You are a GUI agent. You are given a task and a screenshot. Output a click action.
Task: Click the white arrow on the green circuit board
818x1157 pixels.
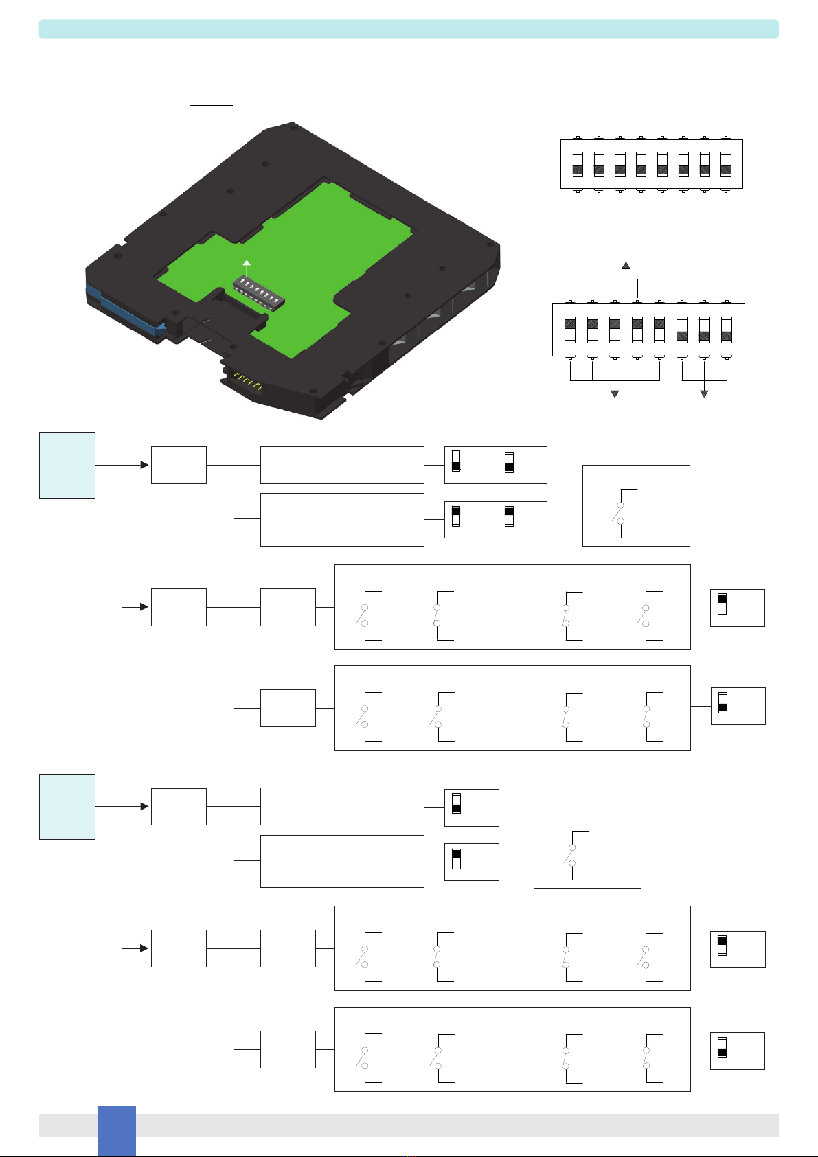(247, 268)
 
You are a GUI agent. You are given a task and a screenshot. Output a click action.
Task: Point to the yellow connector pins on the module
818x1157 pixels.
(247, 382)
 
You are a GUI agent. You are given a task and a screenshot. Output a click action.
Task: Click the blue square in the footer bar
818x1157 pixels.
(116, 1130)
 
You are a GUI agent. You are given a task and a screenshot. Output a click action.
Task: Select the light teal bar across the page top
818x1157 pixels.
(409, 29)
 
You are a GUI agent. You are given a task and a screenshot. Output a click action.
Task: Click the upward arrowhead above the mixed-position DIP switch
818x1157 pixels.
(626, 266)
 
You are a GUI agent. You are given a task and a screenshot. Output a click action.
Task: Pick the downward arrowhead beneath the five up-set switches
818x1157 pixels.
(615, 393)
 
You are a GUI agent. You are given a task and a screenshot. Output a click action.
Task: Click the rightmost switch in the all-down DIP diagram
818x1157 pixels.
(726, 164)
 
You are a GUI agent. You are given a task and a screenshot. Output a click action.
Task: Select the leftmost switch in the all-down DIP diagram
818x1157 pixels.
(578, 164)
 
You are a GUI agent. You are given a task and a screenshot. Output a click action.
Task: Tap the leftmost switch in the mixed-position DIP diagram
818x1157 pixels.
(570, 330)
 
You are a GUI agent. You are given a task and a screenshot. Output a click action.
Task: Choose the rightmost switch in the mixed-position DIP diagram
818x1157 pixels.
(727, 330)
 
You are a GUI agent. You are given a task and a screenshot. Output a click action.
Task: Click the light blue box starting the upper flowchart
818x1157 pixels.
(67, 465)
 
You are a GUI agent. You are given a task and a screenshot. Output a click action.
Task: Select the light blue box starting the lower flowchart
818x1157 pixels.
(67, 806)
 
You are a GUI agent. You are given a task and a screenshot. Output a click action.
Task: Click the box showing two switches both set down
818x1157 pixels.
(496, 465)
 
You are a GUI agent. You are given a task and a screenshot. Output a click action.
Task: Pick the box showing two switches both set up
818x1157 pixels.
(496, 519)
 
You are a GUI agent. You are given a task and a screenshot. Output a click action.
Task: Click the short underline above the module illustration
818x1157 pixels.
(212, 106)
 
